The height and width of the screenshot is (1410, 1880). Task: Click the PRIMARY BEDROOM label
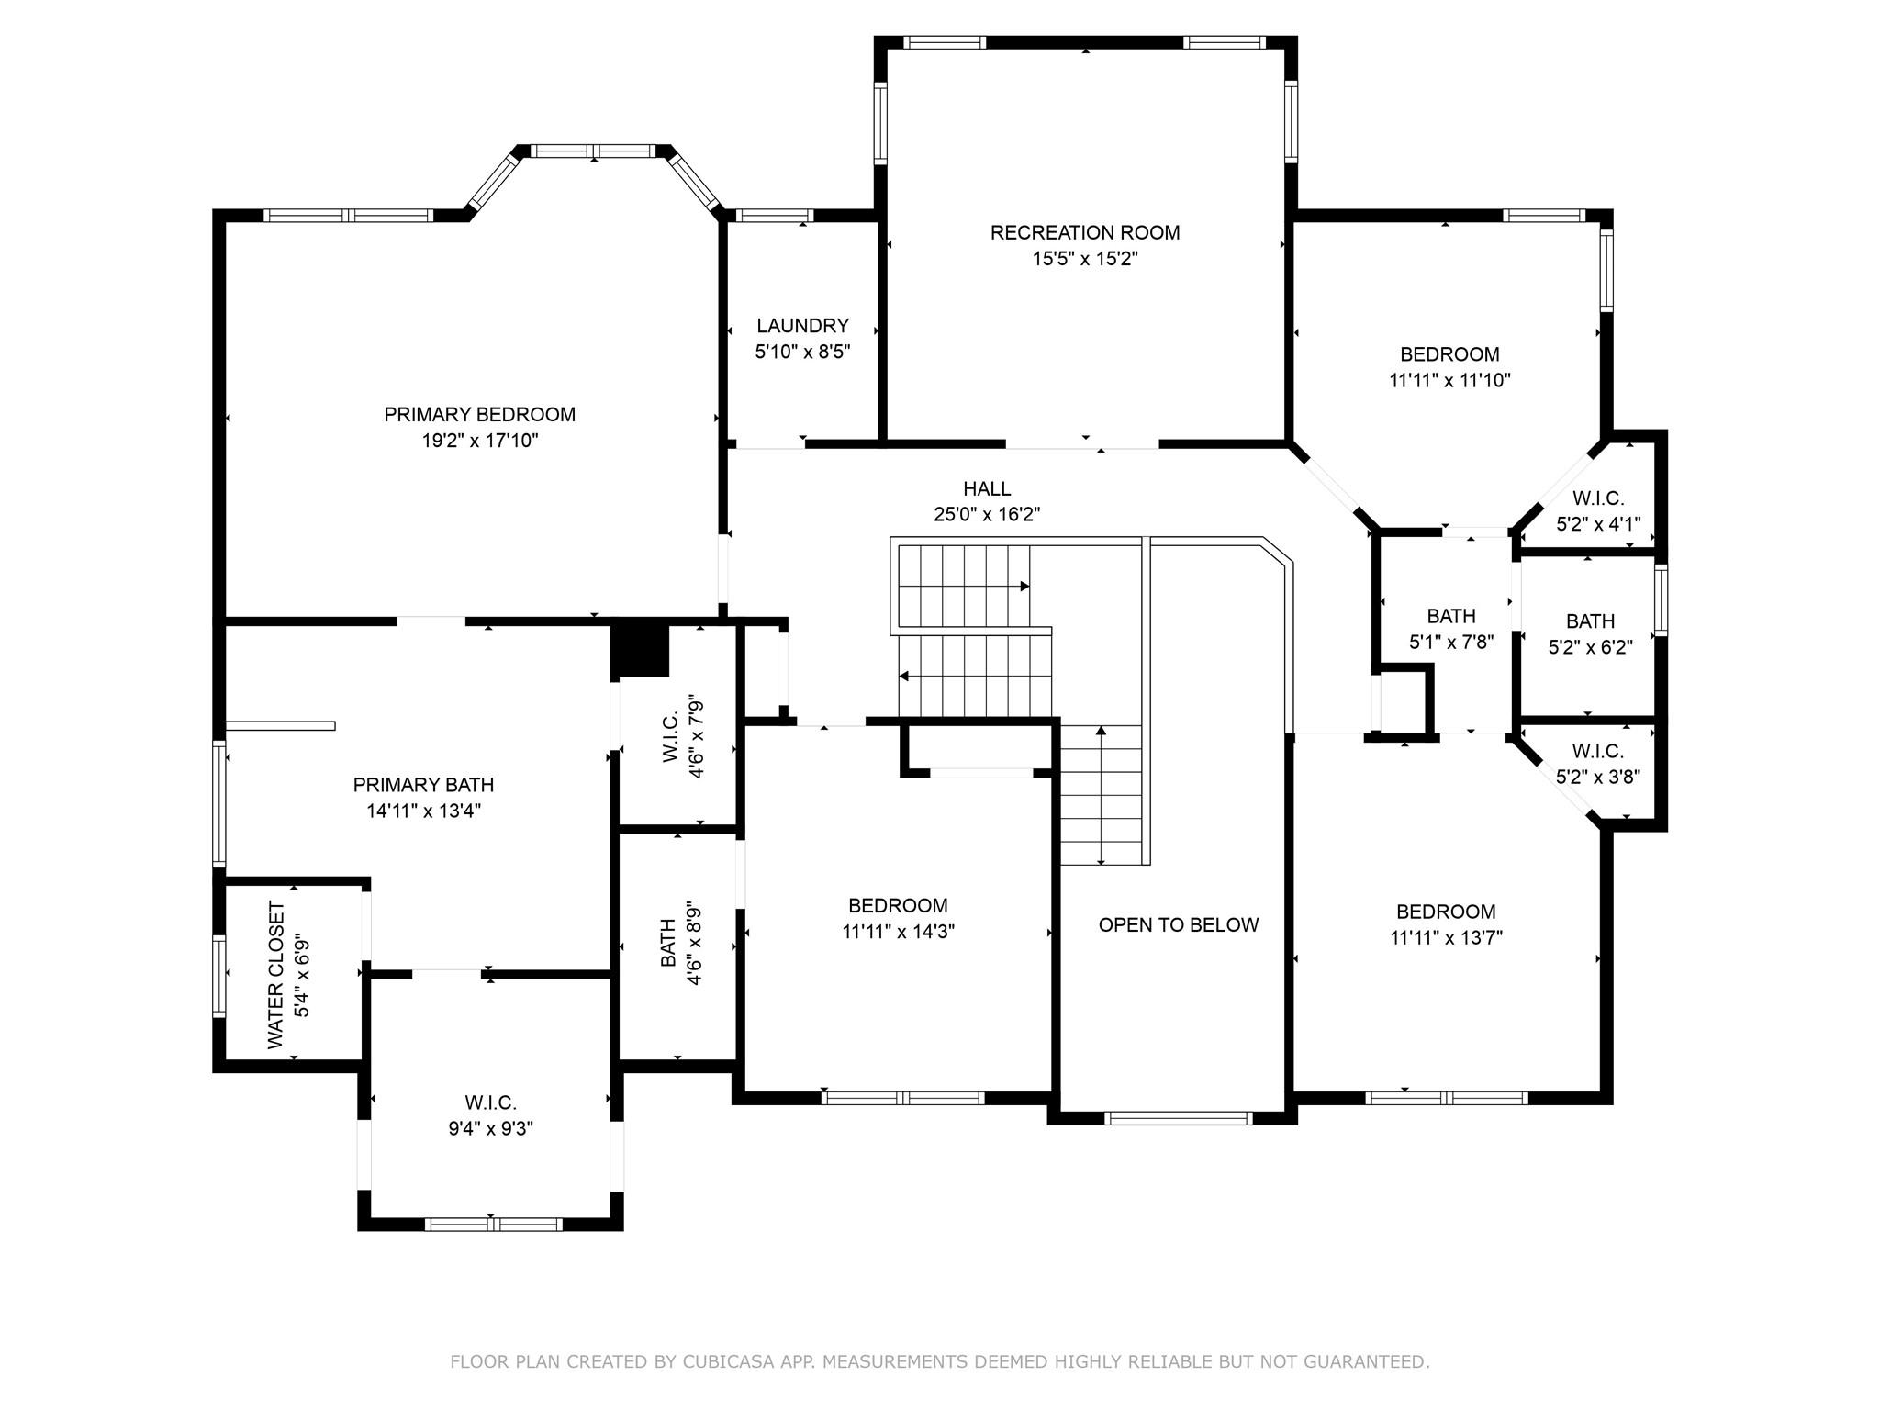(x=479, y=414)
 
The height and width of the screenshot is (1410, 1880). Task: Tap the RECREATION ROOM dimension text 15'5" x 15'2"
(x=1085, y=259)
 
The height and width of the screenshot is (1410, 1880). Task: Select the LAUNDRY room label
(x=802, y=326)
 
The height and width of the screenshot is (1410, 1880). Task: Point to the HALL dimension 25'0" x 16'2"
(x=987, y=515)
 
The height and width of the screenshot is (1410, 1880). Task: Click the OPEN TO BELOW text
(x=1178, y=925)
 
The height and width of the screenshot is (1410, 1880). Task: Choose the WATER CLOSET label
(x=276, y=975)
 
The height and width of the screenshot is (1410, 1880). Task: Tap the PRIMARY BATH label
(x=423, y=785)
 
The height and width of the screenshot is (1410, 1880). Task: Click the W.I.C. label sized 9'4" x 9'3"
(x=490, y=1102)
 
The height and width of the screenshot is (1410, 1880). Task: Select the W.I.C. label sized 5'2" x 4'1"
(x=1597, y=498)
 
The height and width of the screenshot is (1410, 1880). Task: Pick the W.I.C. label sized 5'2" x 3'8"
(x=1597, y=751)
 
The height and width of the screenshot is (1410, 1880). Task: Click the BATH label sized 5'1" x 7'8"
(x=1450, y=616)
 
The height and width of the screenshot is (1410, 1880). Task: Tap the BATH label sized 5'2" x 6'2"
(x=1590, y=621)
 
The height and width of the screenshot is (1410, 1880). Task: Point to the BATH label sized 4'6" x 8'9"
(x=668, y=943)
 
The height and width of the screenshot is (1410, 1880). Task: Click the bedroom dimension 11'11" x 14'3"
(x=898, y=932)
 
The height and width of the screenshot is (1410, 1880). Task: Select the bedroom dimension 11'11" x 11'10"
(x=1449, y=380)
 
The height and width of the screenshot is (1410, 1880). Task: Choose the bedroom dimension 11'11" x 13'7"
(x=1446, y=937)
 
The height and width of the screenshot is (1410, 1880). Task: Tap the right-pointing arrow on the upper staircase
(x=1024, y=586)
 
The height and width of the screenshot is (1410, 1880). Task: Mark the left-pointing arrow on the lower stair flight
(x=904, y=677)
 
